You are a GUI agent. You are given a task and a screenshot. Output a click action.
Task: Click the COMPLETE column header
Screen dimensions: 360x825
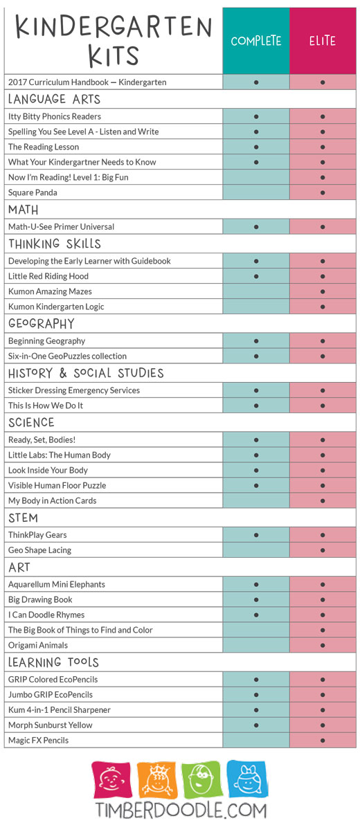pyautogui.click(x=255, y=41)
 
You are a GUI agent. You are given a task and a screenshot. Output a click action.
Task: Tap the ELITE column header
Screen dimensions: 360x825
pyautogui.click(x=323, y=41)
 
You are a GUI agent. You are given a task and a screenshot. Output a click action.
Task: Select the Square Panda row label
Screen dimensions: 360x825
pyautogui.click(x=33, y=192)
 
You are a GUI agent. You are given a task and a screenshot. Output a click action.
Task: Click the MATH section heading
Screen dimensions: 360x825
pyautogui.click(x=23, y=210)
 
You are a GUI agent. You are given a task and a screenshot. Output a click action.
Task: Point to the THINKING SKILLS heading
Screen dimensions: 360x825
pyautogui.click(x=55, y=244)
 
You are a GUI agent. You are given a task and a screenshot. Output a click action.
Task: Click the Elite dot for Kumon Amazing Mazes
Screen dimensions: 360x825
pyautogui.click(x=322, y=291)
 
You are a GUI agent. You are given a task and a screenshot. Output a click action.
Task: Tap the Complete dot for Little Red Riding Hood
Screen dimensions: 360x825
pyautogui.click(x=255, y=276)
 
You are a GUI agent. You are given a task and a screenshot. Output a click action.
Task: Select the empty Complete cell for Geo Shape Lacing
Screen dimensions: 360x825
pyautogui.click(x=255, y=550)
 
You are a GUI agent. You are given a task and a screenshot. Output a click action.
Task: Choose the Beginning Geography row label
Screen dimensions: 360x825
pyautogui.click(x=47, y=341)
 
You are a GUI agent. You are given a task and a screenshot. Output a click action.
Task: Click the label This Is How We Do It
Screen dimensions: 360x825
pyautogui.click(x=46, y=406)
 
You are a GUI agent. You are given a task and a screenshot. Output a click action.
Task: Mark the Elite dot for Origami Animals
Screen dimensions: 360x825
pyautogui.click(x=322, y=645)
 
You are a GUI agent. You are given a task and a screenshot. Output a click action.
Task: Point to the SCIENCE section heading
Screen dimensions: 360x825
pyautogui.click(x=32, y=422)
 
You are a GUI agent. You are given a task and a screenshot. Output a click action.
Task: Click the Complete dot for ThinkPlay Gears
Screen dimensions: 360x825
pyautogui.click(x=255, y=534)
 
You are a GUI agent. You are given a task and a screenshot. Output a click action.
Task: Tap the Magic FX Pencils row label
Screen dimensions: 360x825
pyautogui.click(x=38, y=741)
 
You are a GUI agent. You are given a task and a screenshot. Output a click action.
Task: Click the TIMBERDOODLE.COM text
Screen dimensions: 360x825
pyautogui.click(x=181, y=810)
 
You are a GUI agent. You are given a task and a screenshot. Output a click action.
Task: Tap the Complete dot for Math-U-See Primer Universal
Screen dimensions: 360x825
pyautogui.click(x=255, y=227)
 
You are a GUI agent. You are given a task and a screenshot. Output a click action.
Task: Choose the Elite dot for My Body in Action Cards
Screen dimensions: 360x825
pyautogui.click(x=322, y=500)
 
